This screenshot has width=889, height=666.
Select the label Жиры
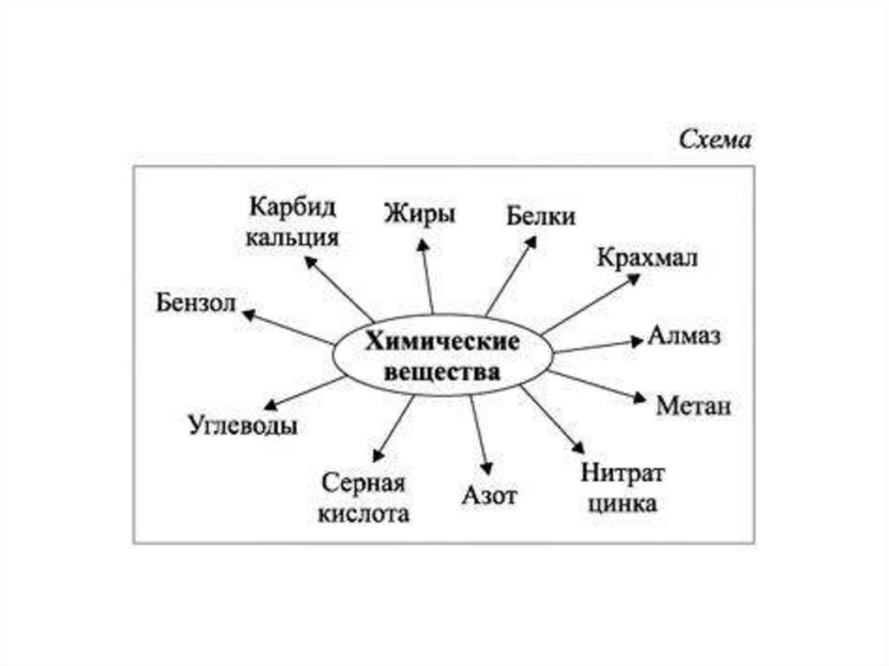[419, 213]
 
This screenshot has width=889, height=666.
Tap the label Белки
[541, 216]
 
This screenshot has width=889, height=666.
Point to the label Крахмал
[647, 258]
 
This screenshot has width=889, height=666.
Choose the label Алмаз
[684, 337]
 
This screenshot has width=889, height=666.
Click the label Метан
[694, 406]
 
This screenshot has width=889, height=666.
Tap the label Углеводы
[242, 426]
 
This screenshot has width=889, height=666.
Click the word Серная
[363, 483]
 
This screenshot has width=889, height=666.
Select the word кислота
[363, 513]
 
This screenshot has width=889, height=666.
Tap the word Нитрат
[622, 474]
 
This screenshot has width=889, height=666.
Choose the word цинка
[622, 503]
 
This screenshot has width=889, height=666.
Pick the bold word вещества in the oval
[443, 373]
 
